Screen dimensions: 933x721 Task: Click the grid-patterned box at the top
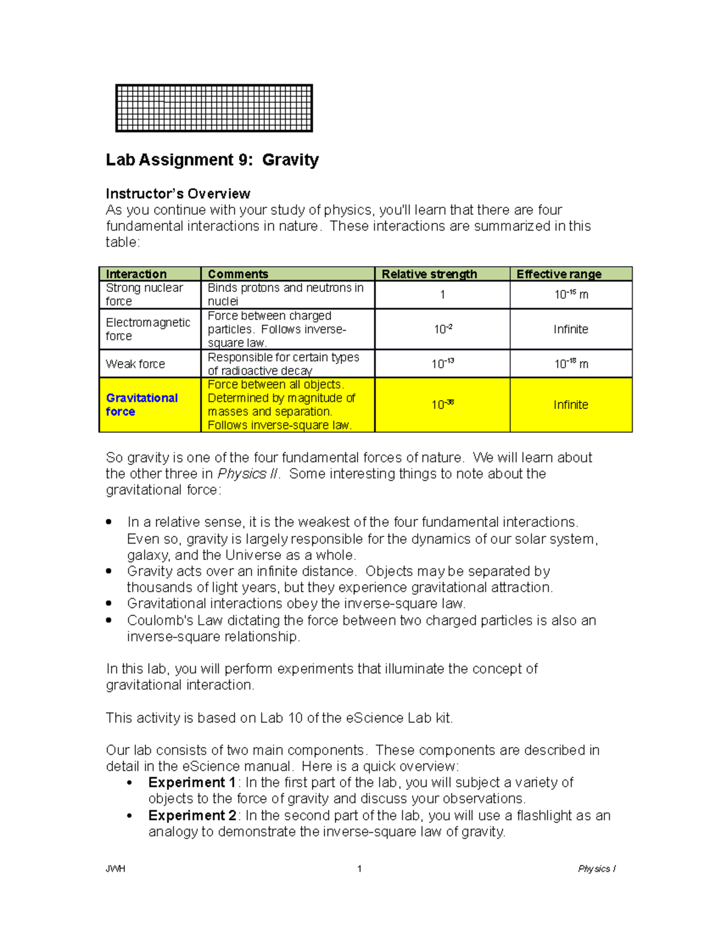click(x=214, y=108)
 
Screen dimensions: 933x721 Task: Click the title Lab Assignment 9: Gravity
click(x=212, y=160)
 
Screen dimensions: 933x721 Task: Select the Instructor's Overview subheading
click(x=178, y=193)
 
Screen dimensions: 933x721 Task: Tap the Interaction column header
click(x=136, y=274)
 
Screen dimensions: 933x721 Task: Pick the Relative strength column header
click(x=429, y=274)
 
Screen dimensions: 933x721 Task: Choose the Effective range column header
click(x=559, y=274)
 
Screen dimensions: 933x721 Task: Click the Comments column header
click(x=238, y=274)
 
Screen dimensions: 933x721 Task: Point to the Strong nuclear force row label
click(x=144, y=294)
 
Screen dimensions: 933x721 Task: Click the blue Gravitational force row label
click(x=142, y=404)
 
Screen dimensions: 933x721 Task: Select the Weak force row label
click(x=135, y=364)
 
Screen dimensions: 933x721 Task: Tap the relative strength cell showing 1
click(x=443, y=294)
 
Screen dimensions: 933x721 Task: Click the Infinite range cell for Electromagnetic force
click(x=571, y=329)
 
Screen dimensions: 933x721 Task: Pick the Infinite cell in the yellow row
click(x=571, y=405)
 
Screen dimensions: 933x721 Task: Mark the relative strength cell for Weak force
click(x=443, y=364)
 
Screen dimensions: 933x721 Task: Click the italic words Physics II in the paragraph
click(x=248, y=473)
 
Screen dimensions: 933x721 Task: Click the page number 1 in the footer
click(x=359, y=869)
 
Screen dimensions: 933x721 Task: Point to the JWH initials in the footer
click(x=115, y=869)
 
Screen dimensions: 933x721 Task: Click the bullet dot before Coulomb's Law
click(x=109, y=620)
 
